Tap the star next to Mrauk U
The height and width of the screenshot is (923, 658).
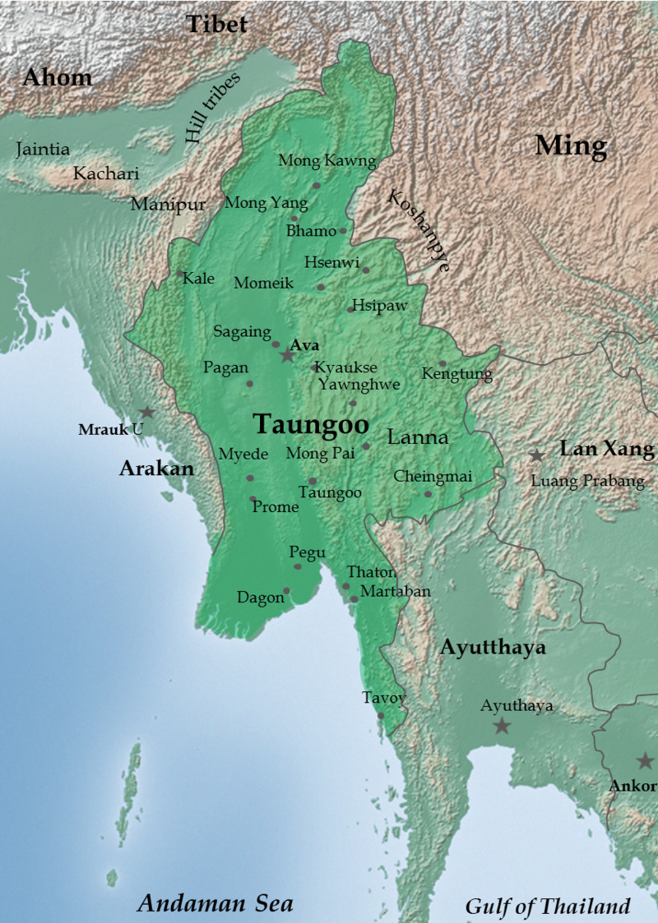[x=146, y=413]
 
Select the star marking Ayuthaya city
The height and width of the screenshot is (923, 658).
[x=501, y=726]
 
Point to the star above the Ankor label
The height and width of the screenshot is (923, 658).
[x=645, y=761]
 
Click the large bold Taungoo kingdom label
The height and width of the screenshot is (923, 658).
[x=311, y=424]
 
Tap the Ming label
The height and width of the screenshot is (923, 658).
[x=571, y=146]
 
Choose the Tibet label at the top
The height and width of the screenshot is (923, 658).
[x=216, y=25]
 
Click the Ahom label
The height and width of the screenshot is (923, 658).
[x=58, y=78]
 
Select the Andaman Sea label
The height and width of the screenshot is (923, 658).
[x=215, y=903]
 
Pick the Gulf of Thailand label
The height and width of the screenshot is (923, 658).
[x=548, y=907]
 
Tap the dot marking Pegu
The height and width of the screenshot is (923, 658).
[x=298, y=566]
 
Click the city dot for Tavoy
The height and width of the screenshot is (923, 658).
[x=381, y=716]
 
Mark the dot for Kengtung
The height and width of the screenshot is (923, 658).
[x=442, y=363]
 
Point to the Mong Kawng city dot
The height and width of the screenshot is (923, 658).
[x=316, y=186]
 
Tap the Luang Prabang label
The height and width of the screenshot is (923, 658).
[x=588, y=482]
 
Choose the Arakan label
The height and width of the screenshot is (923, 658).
[x=156, y=468]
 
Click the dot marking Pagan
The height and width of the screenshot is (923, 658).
[x=249, y=384]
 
